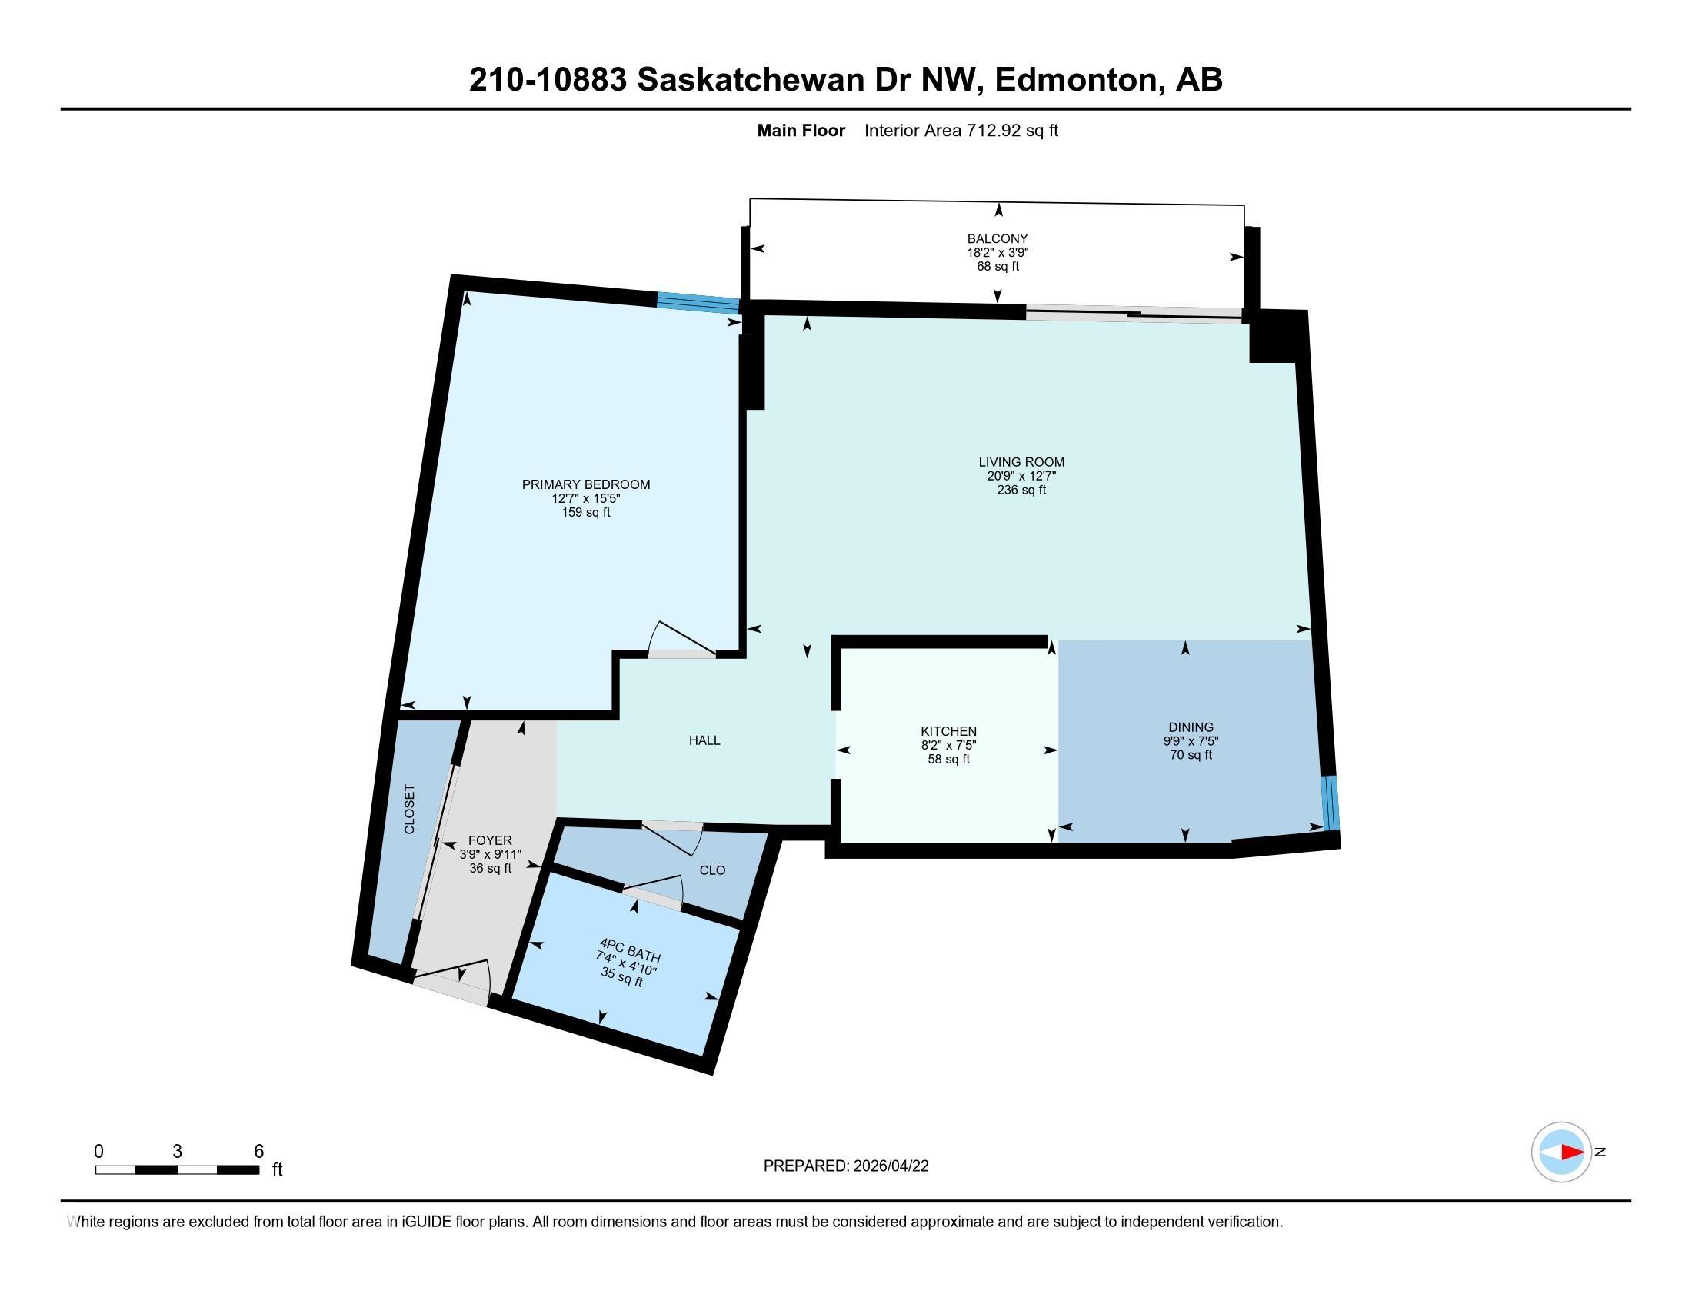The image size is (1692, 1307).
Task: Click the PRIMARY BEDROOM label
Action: (586, 484)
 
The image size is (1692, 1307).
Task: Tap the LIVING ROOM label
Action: (1021, 462)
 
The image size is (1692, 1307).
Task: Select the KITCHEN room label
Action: (948, 731)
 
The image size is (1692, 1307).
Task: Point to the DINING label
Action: (1191, 727)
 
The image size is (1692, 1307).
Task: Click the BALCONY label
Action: (997, 238)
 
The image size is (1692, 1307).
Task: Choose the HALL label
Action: (704, 740)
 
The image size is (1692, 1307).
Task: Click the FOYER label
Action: (490, 840)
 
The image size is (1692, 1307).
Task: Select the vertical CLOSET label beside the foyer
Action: (410, 809)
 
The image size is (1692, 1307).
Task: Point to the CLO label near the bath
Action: (712, 870)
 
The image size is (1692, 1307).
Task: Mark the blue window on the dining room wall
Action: (1330, 802)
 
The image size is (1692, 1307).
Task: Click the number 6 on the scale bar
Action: (258, 1152)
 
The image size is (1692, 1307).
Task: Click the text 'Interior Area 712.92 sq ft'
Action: (961, 130)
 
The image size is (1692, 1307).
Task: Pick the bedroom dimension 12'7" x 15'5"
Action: (586, 499)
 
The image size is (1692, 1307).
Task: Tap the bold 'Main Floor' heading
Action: (801, 130)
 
